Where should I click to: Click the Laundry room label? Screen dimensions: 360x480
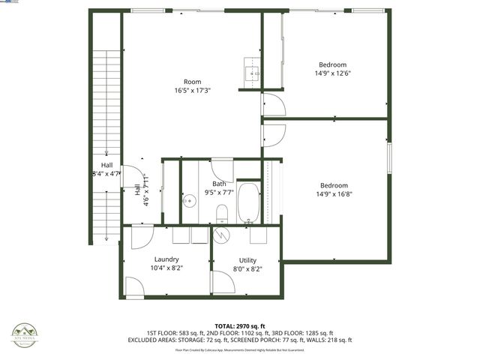tap(166, 259)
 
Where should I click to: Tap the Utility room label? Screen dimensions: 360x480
tap(247, 259)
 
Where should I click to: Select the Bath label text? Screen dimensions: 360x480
tap(219, 184)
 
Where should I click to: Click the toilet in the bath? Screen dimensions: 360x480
tap(222, 215)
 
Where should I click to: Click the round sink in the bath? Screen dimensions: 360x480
tap(190, 200)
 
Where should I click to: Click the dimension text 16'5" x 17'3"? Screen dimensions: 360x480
tap(193, 91)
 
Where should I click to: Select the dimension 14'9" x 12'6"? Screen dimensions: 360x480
tap(333, 73)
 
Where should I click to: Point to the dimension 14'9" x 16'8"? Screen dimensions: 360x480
tap(334, 194)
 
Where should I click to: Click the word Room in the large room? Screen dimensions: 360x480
tap(193, 82)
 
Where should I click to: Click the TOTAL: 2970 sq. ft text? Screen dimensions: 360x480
tap(239, 325)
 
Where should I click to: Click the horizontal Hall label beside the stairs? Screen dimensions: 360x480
tap(106, 166)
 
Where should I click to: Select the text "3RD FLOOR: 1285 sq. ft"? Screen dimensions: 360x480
tap(301, 332)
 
